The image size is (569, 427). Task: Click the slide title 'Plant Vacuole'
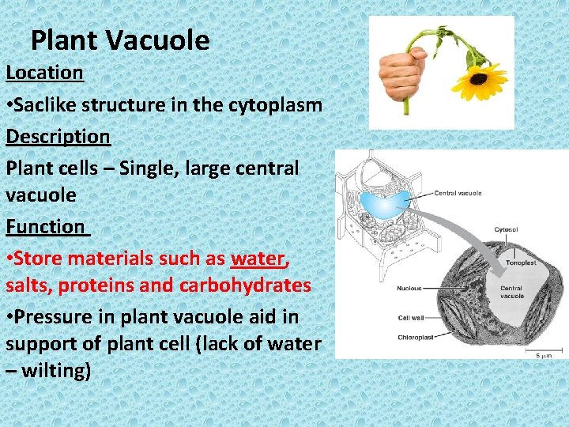click(x=120, y=40)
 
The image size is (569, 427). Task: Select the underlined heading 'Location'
click(x=44, y=73)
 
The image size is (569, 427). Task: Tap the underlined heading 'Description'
click(x=58, y=137)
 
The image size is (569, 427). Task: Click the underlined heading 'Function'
click(x=46, y=227)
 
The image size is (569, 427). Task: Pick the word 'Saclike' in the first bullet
click(x=50, y=105)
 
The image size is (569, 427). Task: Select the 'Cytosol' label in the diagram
click(x=506, y=230)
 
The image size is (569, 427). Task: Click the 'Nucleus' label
click(x=409, y=289)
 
